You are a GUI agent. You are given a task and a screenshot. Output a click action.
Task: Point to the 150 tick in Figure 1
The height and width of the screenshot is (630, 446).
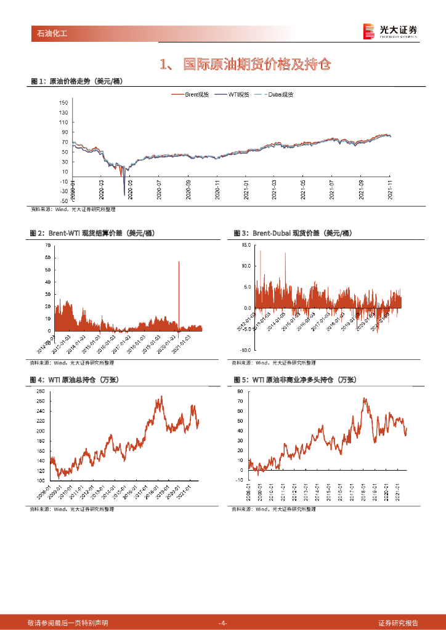63,103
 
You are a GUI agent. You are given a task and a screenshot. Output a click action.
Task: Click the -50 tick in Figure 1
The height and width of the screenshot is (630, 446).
63,201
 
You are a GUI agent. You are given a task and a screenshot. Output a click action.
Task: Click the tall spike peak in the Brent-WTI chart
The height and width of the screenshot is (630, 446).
179,262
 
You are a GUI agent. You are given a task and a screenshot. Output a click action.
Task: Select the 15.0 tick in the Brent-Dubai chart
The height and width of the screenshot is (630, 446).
246,245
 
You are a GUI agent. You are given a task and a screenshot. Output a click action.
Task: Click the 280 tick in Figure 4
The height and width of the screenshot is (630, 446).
41,391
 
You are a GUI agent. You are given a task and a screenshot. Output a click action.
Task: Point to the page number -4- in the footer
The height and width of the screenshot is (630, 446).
223,623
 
